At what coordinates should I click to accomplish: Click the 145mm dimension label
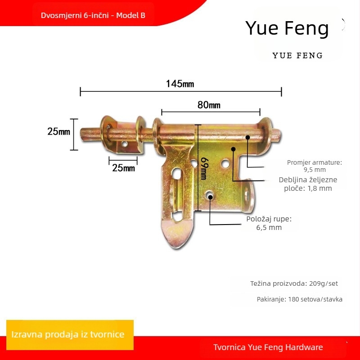tap(180, 84)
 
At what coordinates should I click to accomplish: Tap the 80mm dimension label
tap(209, 105)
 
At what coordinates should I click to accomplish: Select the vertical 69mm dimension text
tap(204, 168)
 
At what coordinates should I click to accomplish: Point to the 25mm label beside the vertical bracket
tap(59, 131)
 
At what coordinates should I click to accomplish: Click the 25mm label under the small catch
tap(123, 168)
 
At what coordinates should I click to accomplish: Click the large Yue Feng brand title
tap(287, 28)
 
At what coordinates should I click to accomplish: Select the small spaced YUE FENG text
tap(298, 55)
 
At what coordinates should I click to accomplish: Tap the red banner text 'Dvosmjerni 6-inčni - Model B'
tap(93, 15)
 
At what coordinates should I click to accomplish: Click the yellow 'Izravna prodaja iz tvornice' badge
tap(70, 335)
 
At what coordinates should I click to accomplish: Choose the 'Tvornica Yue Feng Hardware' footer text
tap(268, 347)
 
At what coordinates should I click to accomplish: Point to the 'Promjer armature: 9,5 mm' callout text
tap(315, 166)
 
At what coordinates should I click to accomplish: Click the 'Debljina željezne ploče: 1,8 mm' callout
tap(308, 184)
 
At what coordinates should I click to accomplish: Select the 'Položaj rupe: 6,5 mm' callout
tap(269, 223)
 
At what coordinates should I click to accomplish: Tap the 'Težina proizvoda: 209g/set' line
tap(294, 283)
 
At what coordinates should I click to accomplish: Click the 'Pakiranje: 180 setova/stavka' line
tap(300, 299)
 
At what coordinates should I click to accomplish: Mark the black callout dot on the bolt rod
tap(247, 137)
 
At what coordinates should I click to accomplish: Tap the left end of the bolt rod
tap(81, 135)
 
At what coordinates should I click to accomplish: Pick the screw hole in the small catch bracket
tap(125, 144)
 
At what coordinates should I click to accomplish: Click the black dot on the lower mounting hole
tap(210, 197)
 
